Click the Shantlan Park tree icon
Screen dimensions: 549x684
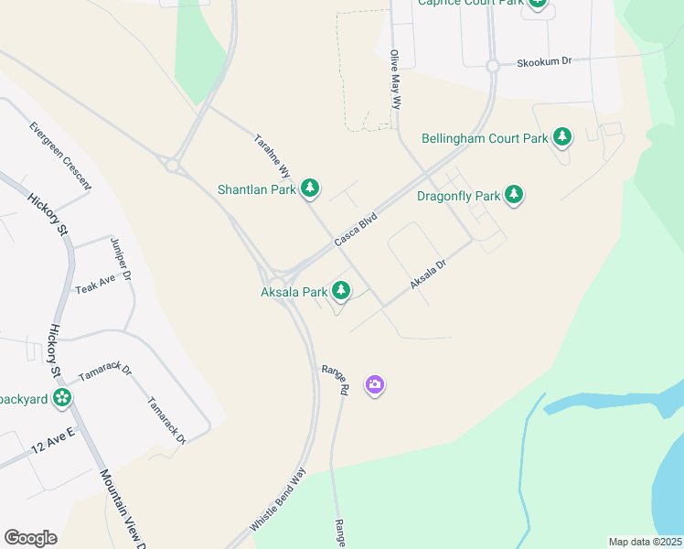pyautogui.click(x=311, y=188)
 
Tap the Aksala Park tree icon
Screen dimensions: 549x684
pyautogui.click(x=341, y=291)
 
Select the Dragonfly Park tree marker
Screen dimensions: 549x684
pyautogui.click(x=515, y=195)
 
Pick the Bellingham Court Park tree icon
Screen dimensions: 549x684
pyautogui.click(x=562, y=138)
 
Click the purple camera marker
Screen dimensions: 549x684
pyautogui.click(x=374, y=385)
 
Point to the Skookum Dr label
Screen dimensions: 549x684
pyautogui.click(x=543, y=61)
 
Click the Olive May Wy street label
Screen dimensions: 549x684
pyautogui.click(x=396, y=80)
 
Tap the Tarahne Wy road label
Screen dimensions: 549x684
pyautogui.click(x=272, y=157)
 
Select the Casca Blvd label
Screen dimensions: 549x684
pyautogui.click(x=356, y=229)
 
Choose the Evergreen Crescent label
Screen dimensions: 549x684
pyautogui.click(x=60, y=156)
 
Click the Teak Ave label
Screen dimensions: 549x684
pyautogui.click(x=95, y=283)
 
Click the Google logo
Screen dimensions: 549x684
pyautogui.click(x=30, y=538)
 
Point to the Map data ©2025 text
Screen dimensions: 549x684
pyautogui.click(x=645, y=542)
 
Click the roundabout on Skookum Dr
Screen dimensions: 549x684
pyautogui.click(x=492, y=66)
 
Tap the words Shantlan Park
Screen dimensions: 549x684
pyautogui.click(x=257, y=189)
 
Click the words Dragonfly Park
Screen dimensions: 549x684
pyautogui.click(x=458, y=196)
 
